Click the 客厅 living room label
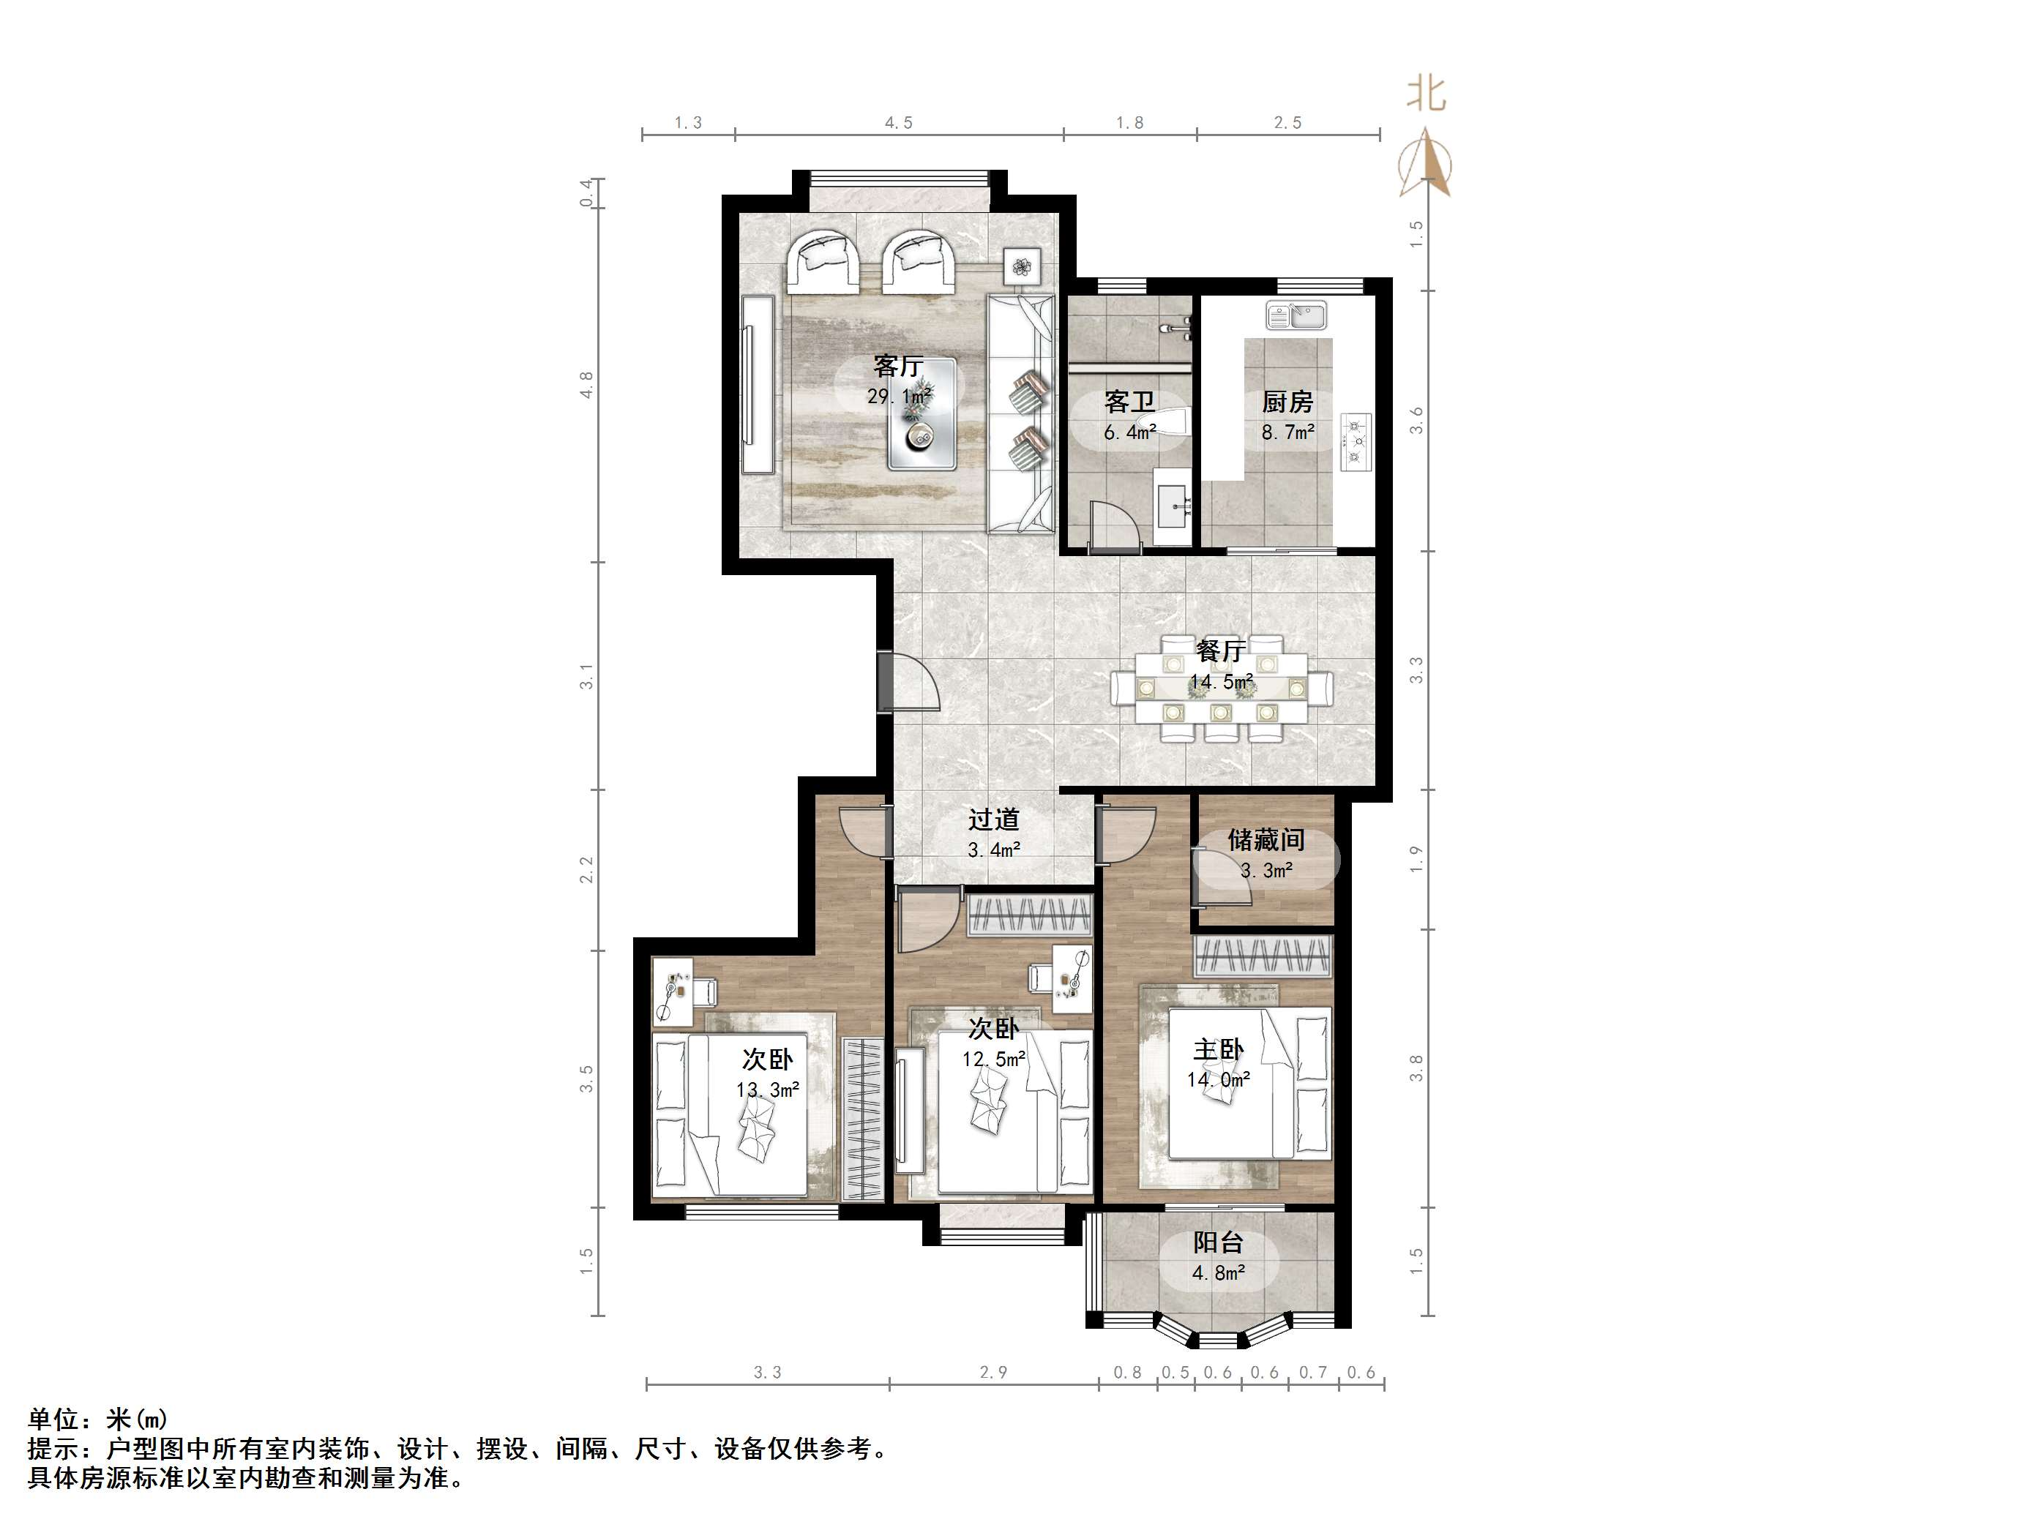click(897, 367)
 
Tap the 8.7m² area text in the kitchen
click(1287, 432)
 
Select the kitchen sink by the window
click(1296, 316)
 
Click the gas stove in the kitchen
click(1356, 442)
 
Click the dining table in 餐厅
click(1221, 687)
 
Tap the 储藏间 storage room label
click(1266, 839)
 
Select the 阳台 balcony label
click(1218, 1242)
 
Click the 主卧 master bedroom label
click(1218, 1049)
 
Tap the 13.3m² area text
click(768, 1089)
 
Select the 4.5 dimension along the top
click(899, 123)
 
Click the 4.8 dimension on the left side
click(587, 385)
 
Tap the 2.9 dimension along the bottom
click(993, 1372)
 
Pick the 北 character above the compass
click(1425, 94)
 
